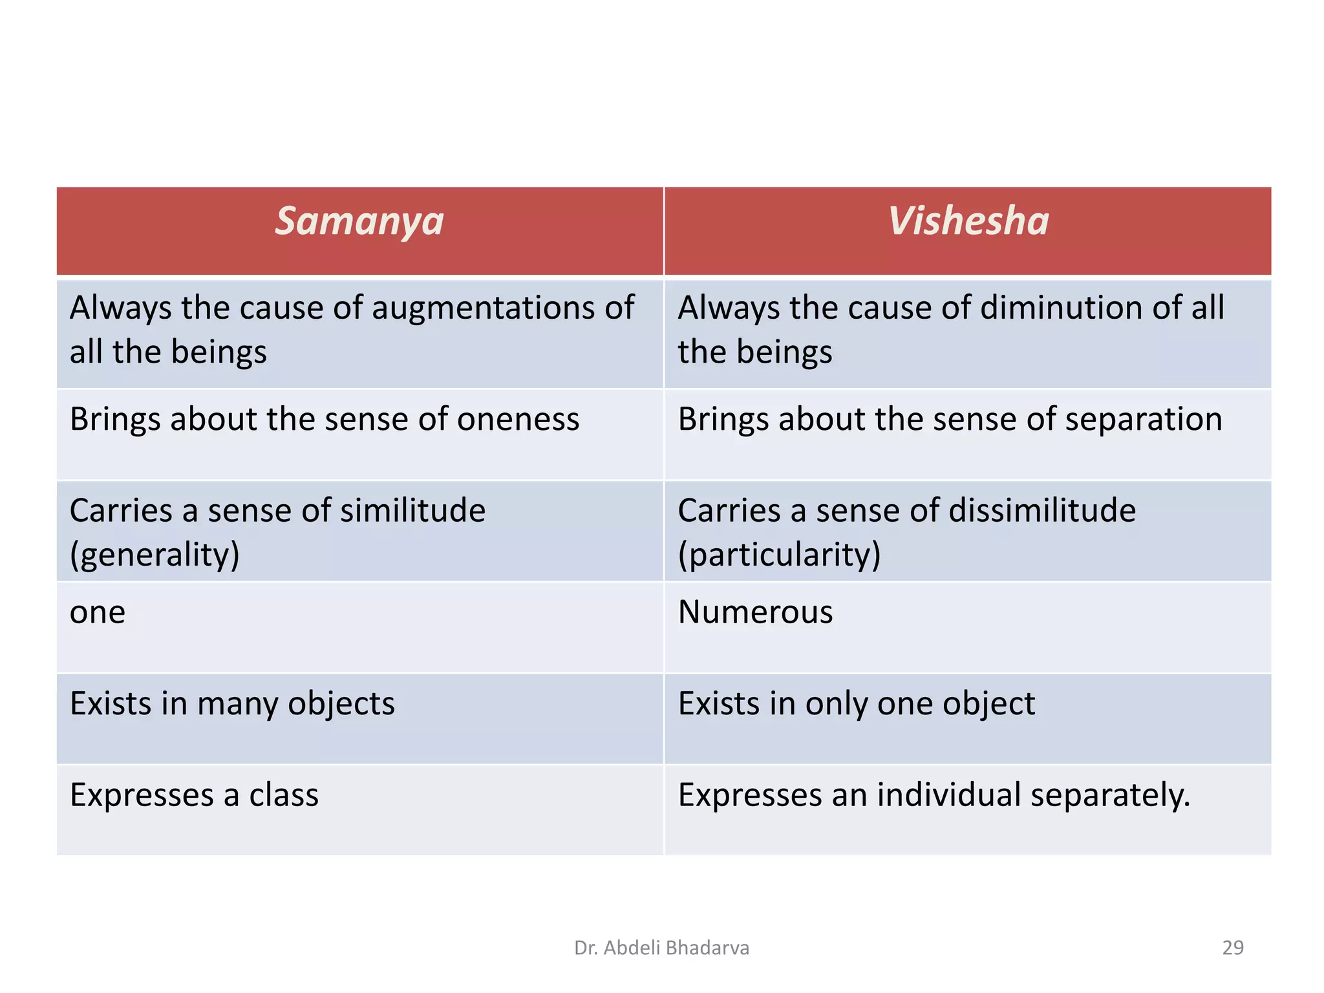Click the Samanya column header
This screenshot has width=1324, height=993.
pos(359,222)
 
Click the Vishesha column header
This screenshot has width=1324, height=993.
pos(968,222)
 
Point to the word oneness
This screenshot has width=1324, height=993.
pos(518,420)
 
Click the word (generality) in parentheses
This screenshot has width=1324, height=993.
pos(155,555)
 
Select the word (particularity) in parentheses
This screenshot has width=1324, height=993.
pos(779,555)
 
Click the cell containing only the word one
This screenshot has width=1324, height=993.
pos(98,613)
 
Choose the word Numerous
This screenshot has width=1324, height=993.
pos(755,612)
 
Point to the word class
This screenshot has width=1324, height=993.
pos(284,795)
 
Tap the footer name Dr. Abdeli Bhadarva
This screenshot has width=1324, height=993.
pos(661,948)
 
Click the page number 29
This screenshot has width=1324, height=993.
pos(1233,948)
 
